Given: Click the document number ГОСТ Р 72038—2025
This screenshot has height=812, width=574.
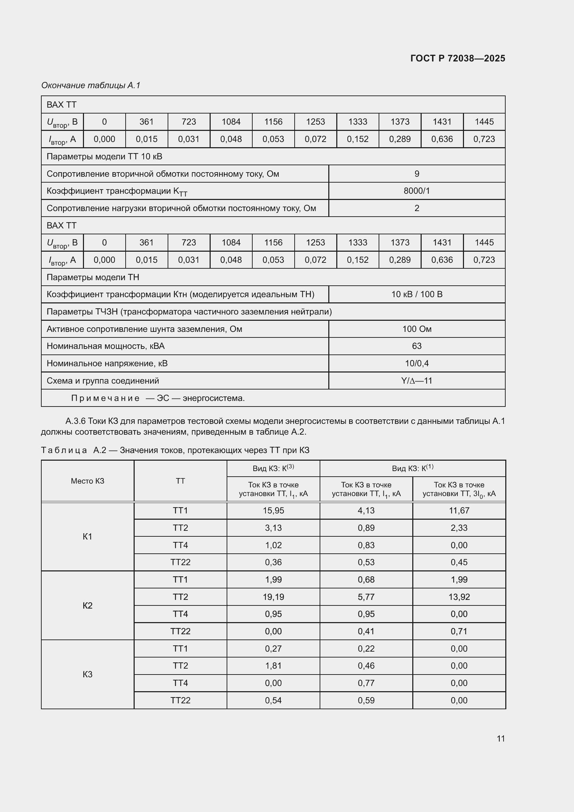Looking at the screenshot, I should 457,58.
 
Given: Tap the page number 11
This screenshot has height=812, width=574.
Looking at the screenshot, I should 500,738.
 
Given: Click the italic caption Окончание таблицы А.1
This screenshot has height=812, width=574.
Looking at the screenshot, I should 91,85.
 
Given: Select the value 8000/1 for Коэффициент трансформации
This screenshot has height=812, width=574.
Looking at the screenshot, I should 416,191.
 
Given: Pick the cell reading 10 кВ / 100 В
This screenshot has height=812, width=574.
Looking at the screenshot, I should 416,294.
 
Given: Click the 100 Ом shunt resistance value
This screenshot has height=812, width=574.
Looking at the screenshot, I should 416,329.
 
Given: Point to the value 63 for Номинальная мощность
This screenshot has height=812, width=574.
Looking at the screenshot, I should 416,346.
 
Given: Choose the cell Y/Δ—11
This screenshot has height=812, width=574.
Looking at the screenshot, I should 416,381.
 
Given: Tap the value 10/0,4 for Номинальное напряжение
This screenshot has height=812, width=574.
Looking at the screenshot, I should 416,363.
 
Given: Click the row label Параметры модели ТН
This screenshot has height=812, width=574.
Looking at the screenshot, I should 93,277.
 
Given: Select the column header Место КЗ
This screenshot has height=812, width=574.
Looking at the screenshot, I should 87,481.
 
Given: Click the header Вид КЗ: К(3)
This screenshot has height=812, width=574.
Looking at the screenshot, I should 273,468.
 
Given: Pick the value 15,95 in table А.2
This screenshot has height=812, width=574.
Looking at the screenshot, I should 273,511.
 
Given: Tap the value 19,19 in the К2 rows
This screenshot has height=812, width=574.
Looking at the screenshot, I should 273,597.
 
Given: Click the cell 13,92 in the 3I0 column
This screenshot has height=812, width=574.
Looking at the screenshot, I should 459,597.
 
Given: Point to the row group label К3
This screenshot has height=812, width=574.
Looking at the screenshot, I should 87,675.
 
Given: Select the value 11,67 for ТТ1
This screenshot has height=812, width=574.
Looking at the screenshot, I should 459,511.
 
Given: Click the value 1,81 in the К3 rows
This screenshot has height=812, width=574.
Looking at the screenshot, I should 273,665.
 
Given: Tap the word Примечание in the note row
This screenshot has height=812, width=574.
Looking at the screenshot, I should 105,398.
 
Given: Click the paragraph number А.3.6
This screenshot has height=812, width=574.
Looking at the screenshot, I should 75,421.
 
